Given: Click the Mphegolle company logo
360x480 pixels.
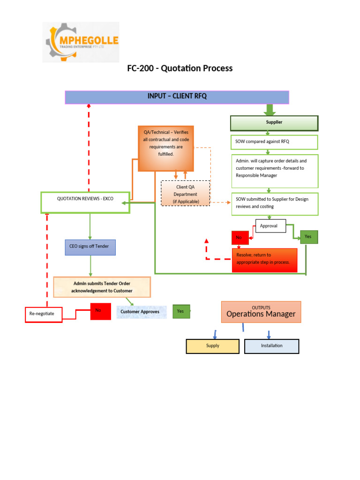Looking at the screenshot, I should [x=81, y=42].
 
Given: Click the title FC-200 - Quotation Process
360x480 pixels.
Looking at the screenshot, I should [x=180, y=68].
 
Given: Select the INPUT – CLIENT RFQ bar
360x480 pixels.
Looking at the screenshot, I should [x=177, y=97].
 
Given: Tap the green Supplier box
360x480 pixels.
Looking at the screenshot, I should [x=274, y=123].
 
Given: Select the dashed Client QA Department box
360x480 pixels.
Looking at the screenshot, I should [x=186, y=194].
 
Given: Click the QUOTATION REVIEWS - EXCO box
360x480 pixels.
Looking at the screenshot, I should [x=85, y=202].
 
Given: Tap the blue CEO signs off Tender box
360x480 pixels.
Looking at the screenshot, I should [x=90, y=247].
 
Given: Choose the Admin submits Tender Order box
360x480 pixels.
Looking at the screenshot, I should [x=102, y=287].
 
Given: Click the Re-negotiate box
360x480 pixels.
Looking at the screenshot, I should [x=43, y=315].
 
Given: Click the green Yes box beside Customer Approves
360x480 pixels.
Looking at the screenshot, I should [x=181, y=311].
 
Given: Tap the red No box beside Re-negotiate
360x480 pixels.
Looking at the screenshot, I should [x=100, y=311].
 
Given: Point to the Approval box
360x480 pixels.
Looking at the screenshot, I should [x=270, y=226].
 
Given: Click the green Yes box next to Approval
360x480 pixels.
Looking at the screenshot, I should [x=309, y=237].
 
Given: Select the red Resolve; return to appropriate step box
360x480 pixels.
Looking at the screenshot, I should [x=265, y=259].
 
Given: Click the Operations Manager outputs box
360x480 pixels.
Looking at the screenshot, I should [x=261, y=312].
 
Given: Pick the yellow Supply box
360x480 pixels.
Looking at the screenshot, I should [x=212, y=346].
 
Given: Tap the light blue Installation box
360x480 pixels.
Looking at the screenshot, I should [x=271, y=346].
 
